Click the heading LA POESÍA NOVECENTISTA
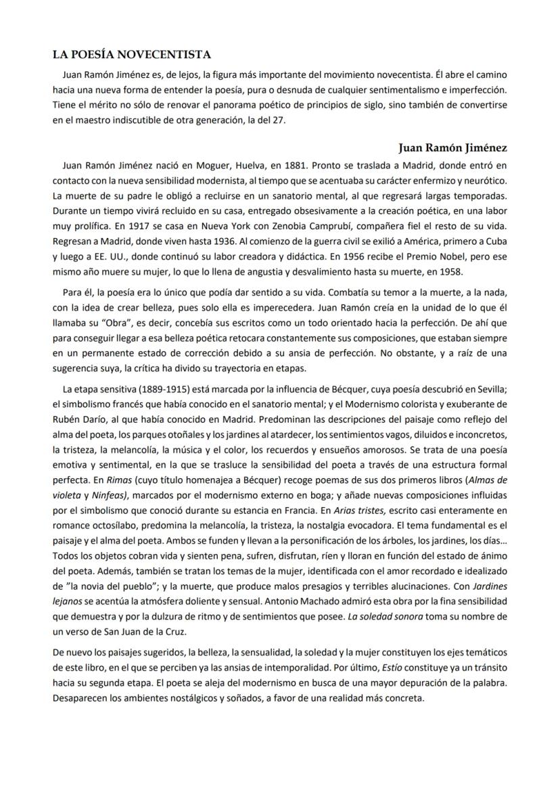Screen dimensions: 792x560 (132, 54)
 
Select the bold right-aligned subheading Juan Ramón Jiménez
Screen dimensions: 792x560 (453, 147)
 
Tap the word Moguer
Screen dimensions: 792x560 (217, 165)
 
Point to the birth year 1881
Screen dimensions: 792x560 (297, 165)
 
